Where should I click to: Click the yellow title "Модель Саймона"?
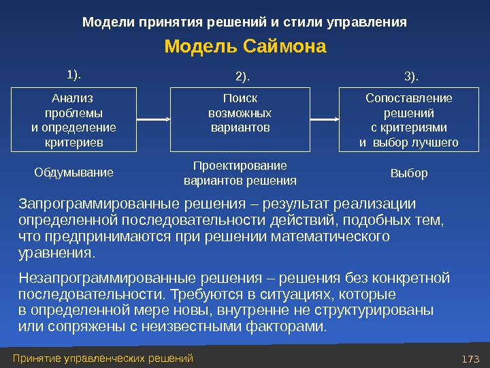[246, 48]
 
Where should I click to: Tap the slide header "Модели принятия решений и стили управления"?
[244, 22]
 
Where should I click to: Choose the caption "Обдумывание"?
[73, 172]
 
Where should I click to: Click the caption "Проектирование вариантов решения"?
[240, 173]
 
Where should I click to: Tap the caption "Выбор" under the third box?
[409, 173]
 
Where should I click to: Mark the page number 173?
[471, 358]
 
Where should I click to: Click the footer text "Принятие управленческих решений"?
[103, 358]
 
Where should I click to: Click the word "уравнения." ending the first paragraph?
[56, 253]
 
